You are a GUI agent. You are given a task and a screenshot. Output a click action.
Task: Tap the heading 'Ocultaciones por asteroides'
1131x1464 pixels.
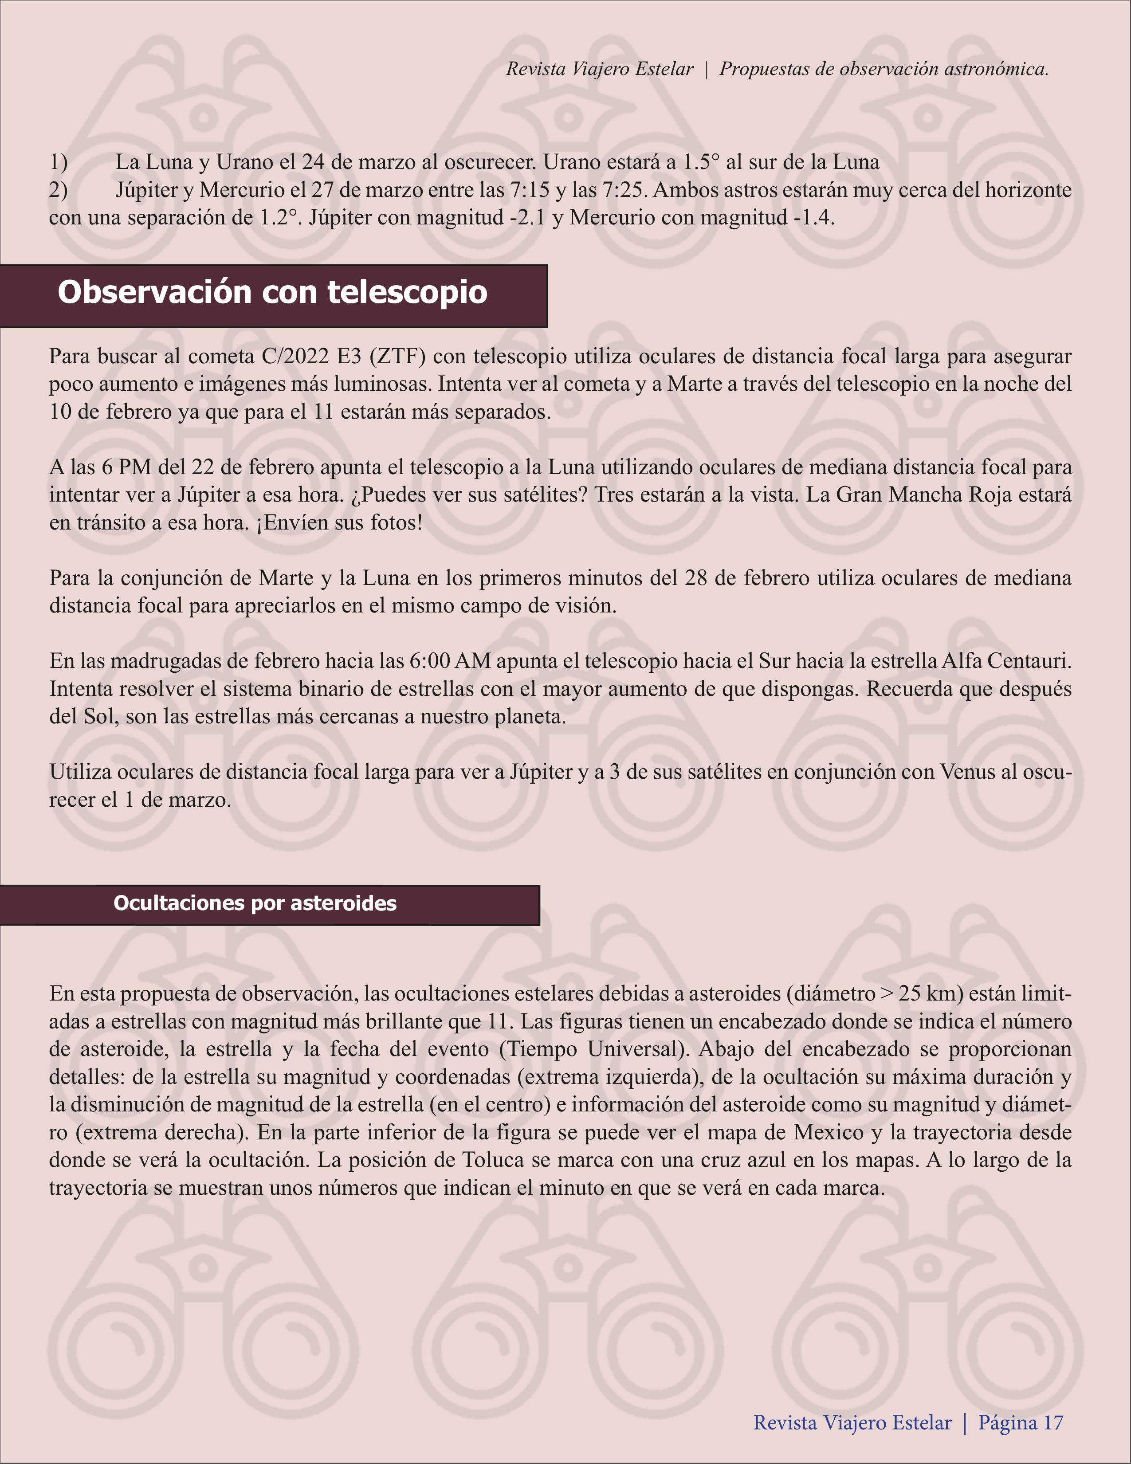pos(255,903)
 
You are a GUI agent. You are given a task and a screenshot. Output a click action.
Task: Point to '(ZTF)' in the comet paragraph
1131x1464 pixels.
pos(397,356)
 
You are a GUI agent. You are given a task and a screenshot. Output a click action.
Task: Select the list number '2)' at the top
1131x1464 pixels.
pos(59,190)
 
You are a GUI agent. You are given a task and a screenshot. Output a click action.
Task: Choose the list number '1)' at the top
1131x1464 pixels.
pos(59,162)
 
